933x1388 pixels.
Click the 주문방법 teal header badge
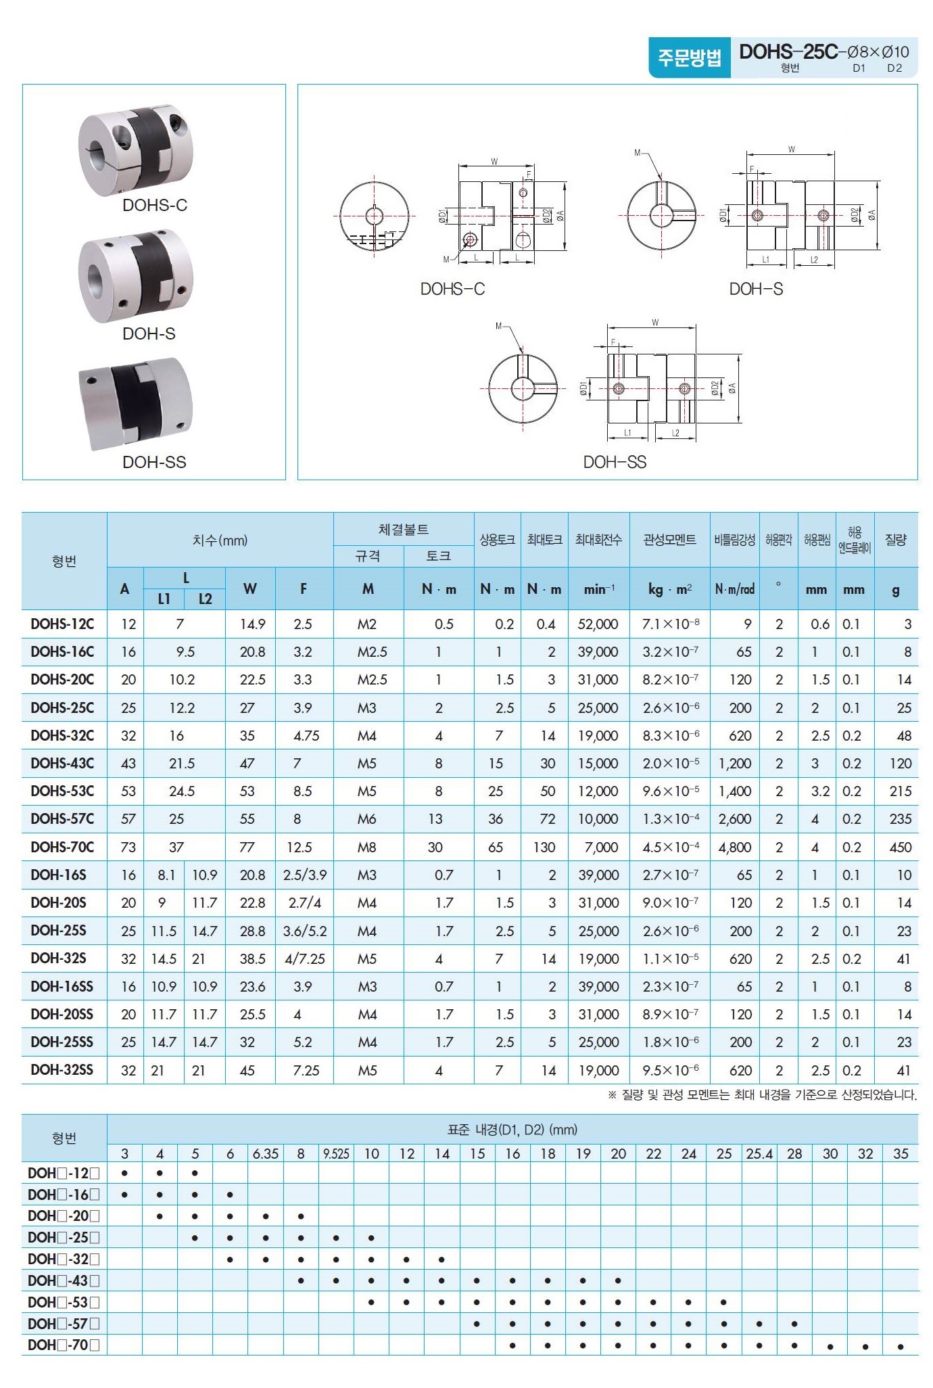pyautogui.click(x=689, y=57)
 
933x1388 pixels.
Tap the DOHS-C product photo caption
pyautogui.click(x=154, y=205)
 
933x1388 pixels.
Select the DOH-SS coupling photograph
pyautogui.click(x=135, y=404)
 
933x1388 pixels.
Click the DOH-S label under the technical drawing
pyautogui.click(x=756, y=289)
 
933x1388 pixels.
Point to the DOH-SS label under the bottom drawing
pyautogui.click(x=615, y=462)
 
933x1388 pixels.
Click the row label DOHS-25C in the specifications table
pyautogui.click(x=62, y=708)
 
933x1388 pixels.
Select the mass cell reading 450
pyautogui.click(x=900, y=847)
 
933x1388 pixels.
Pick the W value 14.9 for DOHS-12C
pyautogui.click(x=252, y=624)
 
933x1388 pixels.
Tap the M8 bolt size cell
pyautogui.click(x=366, y=847)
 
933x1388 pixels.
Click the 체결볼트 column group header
pyautogui.click(x=403, y=529)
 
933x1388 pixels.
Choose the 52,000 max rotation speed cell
pyautogui.click(x=598, y=624)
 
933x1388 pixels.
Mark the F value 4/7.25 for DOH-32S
pyautogui.click(x=304, y=958)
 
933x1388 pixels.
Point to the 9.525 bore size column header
pyautogui.click(x=336, y=1153)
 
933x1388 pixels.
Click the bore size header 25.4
pyautogui.click(x=759, y=1153)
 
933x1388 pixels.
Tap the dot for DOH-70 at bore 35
pyautogui.click(x=901, y=1346)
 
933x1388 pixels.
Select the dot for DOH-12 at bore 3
pyautogui.click(x=124, y=1174)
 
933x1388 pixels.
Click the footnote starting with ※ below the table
pyautogui.click(x=762, y=1094)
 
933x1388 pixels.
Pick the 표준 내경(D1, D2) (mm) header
pyautogui.click(x=512, y=1130)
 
